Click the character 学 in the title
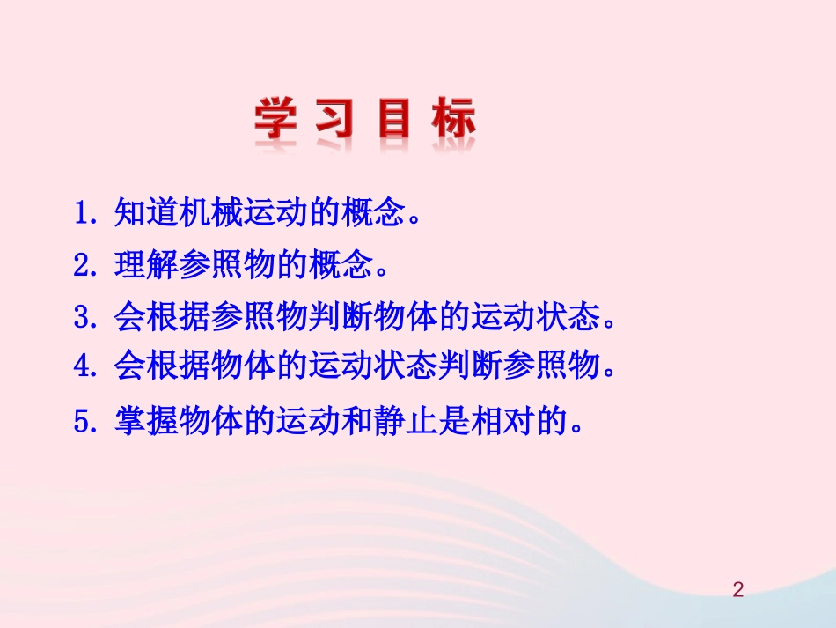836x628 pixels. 275,119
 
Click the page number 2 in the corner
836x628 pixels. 738,589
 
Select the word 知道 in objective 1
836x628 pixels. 146,214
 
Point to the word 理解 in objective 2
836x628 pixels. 146,265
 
